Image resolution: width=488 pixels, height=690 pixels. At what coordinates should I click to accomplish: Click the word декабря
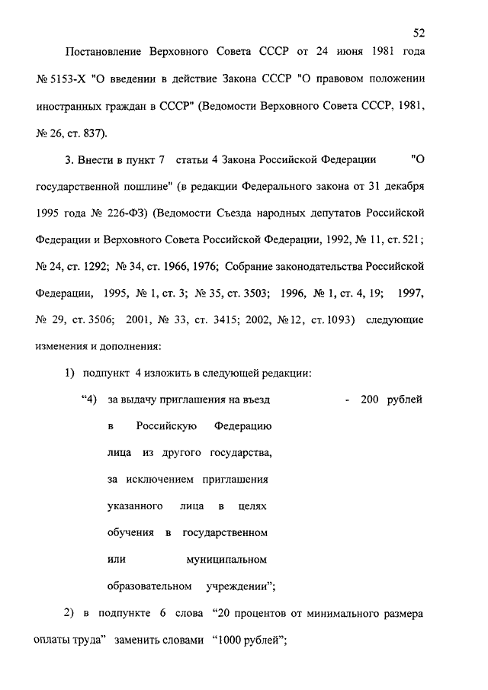click(x=404, y=186)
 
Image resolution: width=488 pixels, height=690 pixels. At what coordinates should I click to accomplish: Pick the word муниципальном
click(x=226, y=560)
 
